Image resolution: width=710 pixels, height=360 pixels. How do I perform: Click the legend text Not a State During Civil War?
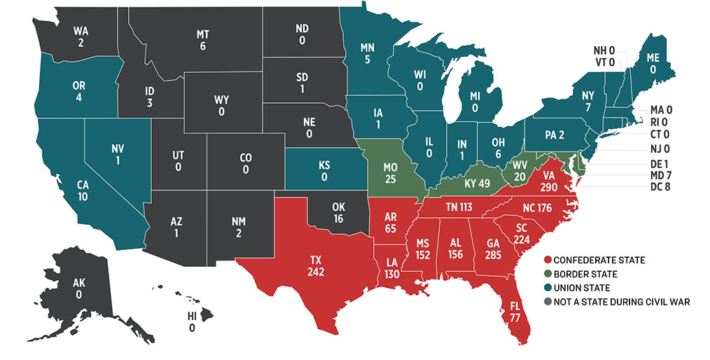(x=616, y=302)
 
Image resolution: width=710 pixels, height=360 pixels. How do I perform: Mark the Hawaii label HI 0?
(x=191, y=321)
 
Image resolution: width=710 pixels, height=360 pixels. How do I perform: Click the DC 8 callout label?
(x=660, y=187)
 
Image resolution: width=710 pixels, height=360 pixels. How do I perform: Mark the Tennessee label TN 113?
(x=461, y=207)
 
